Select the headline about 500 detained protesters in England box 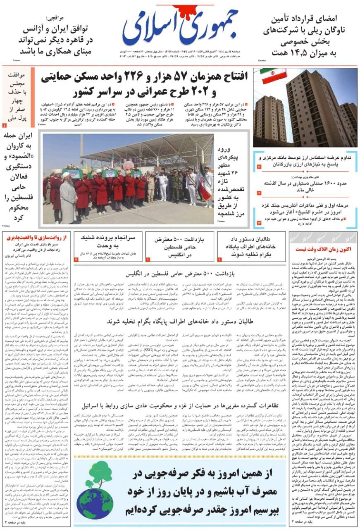coord(179,246)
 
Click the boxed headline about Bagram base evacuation coord(251,246)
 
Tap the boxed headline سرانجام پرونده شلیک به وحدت coord(109,243)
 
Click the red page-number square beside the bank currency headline coord(259,167)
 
